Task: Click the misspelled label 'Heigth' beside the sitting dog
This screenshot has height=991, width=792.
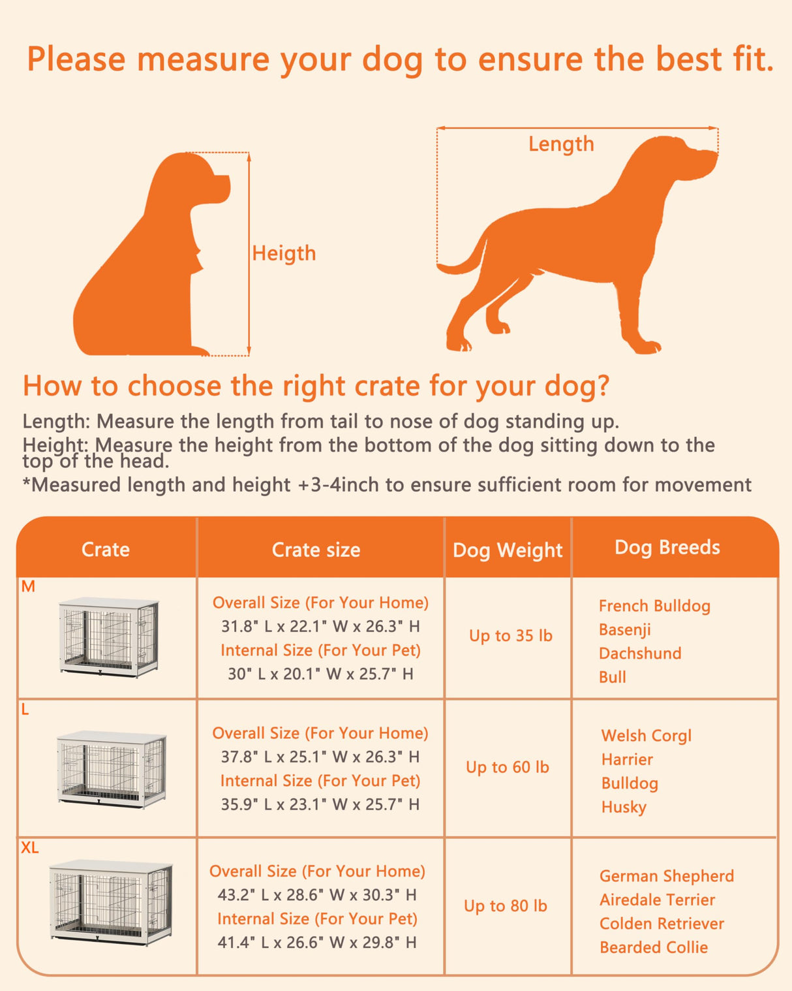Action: tap(284, 253)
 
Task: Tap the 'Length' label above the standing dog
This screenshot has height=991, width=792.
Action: tap(561, 144)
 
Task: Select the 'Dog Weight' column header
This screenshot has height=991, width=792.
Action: tap(508, 550)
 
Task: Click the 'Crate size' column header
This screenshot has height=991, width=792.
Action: tap(316, 550)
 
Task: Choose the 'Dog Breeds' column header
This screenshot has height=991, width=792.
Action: tap(667, 547)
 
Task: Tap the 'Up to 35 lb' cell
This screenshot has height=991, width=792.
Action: tap(510, 636)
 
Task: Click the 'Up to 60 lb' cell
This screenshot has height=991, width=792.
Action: tap(507, 767)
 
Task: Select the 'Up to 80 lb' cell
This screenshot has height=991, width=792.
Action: tap(505, 905)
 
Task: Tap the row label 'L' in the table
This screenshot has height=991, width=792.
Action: tap(25, 710)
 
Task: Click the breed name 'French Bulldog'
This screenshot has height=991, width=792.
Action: tap(654, 606)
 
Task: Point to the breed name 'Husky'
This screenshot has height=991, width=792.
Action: tap(624, 807)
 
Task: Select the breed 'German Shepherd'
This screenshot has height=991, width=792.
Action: tap(666, 876)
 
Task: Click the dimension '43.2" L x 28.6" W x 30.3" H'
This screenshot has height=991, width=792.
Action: tap(317, 895)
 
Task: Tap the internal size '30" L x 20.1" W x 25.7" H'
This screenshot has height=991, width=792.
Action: tap(320, 674)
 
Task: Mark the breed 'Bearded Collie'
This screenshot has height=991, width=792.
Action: tap(653, 947)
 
